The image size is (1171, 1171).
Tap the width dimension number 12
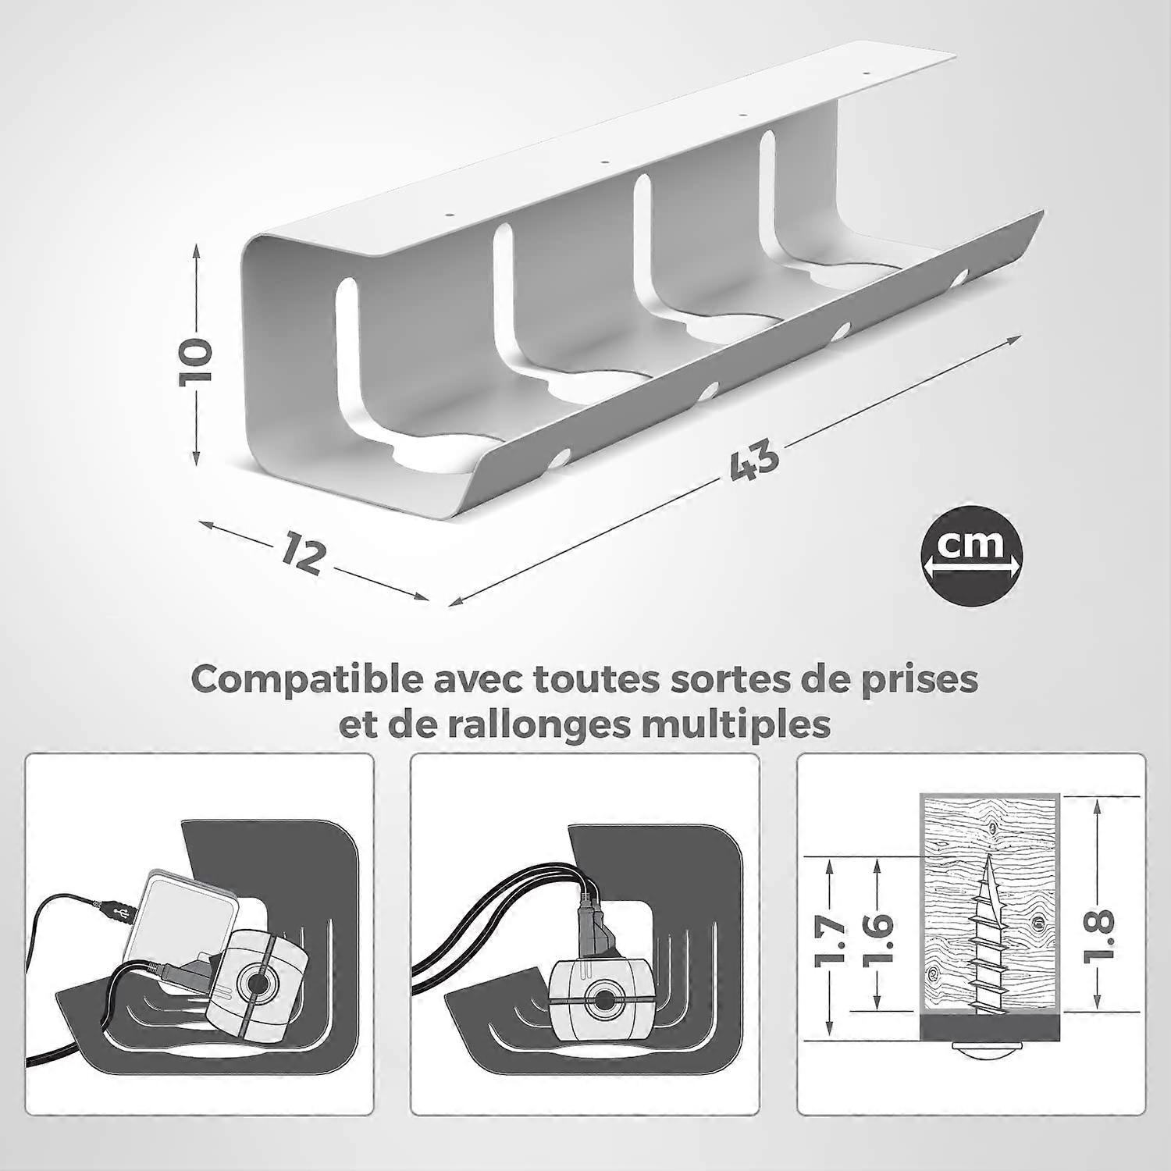(303, 552)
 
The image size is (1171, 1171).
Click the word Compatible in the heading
(308, 680)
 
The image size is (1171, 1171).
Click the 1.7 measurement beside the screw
(831, 941)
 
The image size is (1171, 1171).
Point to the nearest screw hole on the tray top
(450, 213)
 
